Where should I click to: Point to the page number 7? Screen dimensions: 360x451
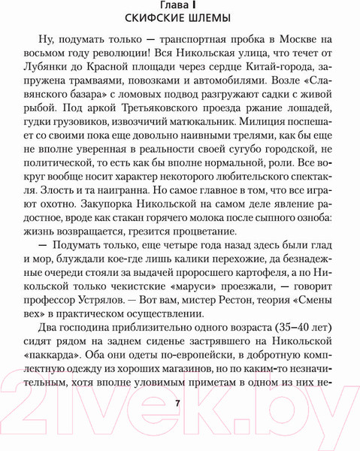(178, 403)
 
